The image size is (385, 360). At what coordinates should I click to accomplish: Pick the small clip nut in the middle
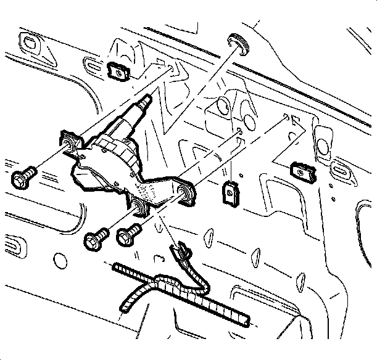[231, 193]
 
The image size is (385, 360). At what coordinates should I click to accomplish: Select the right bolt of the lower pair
[129, 234]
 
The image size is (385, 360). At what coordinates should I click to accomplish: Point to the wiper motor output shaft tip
[147, 100]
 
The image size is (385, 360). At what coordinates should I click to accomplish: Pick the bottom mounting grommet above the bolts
[140, 208]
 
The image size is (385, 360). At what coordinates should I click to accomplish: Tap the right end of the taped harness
[246, 319]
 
